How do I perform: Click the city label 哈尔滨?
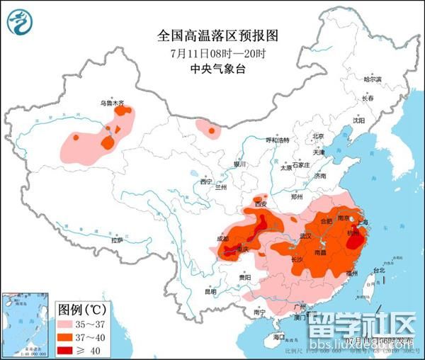[372, 79]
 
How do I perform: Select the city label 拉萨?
[117, 240]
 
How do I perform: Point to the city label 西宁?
[206, 182]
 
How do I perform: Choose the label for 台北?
[378, 270]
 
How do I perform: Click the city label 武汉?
[306, 235]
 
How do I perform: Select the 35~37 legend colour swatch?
[68, 324]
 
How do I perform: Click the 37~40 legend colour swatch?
[68, 337]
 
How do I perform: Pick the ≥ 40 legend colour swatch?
[68, 349]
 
